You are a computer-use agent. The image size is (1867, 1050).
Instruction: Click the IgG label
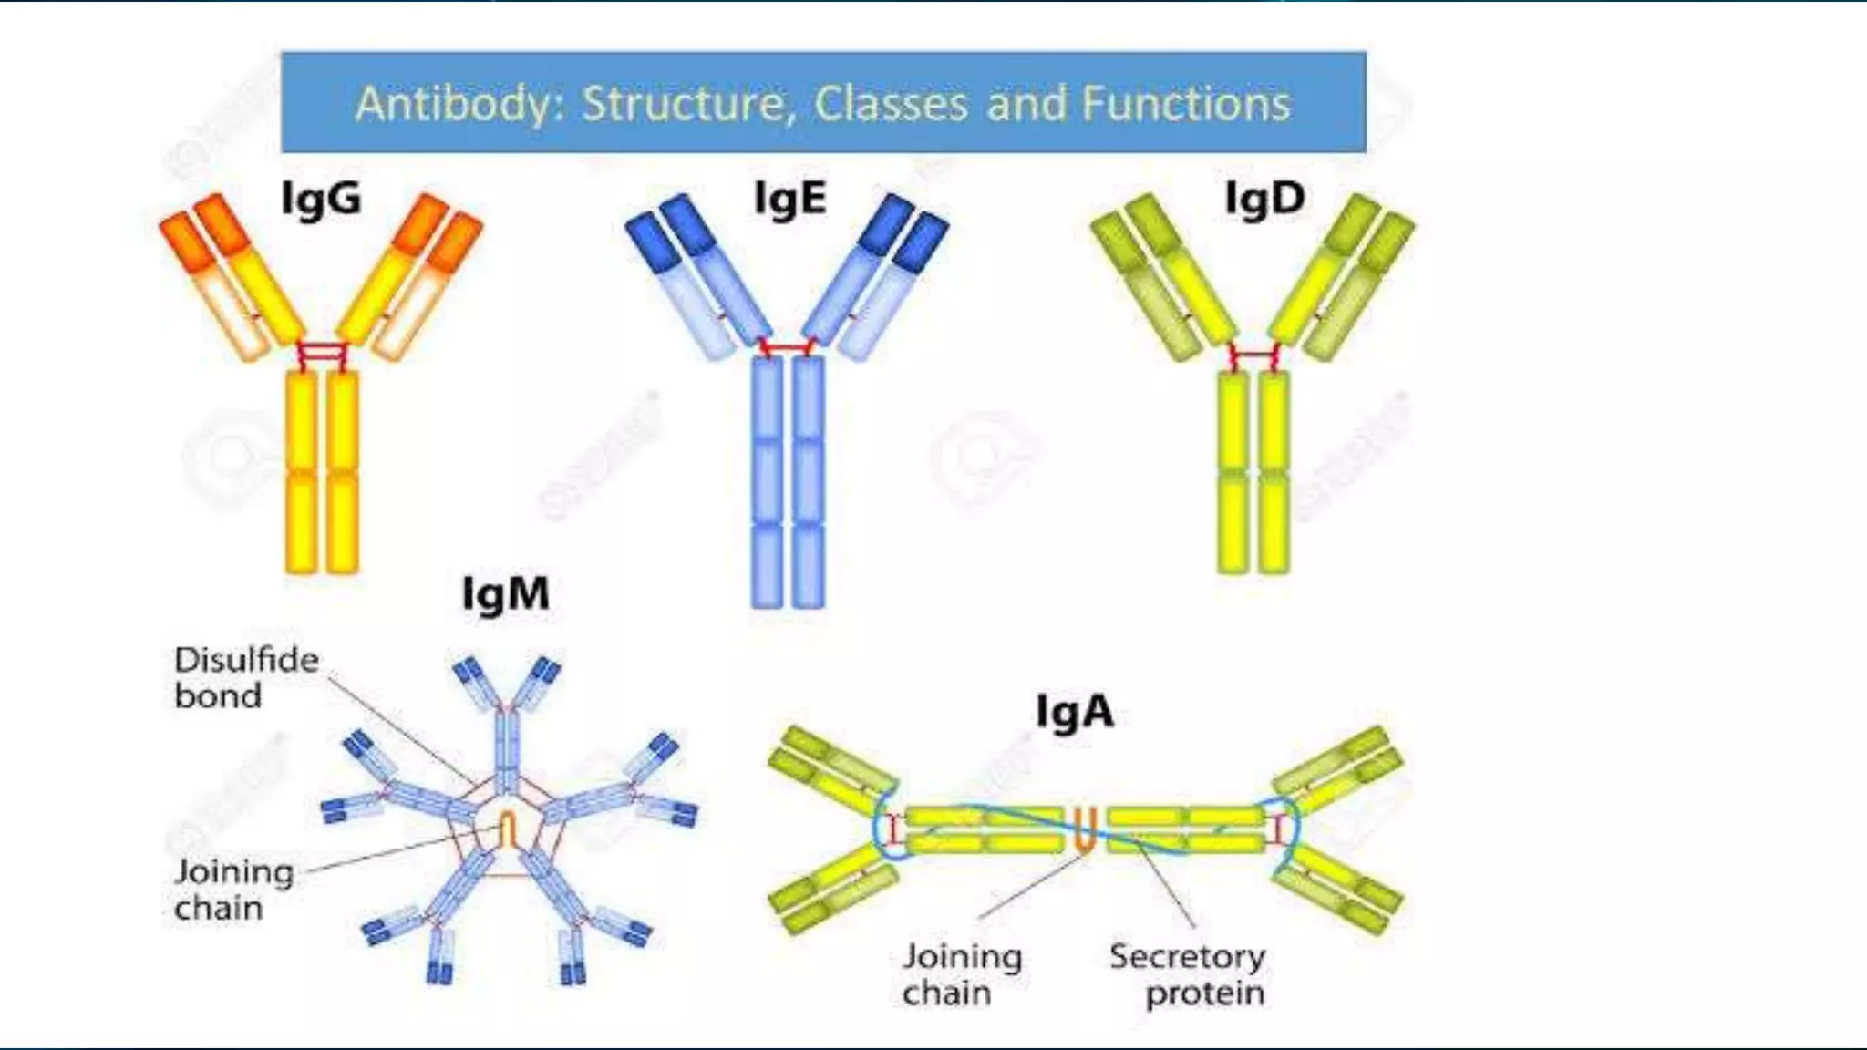click(321, 200)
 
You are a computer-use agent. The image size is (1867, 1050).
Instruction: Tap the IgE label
click(790, 199)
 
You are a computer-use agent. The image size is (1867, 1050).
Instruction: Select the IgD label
click(1264, 199)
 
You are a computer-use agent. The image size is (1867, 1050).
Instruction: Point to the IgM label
click(506, 594)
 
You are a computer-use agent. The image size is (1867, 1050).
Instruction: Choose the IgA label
click(1074, 712)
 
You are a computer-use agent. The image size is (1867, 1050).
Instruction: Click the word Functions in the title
click(1186, 103)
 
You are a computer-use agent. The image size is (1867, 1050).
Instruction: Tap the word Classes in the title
click(891, 103)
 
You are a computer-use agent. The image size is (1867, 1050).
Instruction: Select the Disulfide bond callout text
click(246, 677)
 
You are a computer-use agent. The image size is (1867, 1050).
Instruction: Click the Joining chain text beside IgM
click(233, 889)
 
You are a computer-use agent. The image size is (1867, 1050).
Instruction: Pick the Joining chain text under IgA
click(962, 974)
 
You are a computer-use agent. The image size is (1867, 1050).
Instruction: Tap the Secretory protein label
click(1187, 974)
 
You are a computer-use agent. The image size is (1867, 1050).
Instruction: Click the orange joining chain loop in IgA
click(1084, 829)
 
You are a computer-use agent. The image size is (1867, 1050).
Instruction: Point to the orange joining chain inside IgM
click(508, 829)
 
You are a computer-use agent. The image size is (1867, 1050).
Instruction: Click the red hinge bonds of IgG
click(324, 353)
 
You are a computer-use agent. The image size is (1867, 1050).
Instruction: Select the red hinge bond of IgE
click(788, 347)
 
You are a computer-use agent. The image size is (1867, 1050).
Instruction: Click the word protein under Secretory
click(1204, 993)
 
